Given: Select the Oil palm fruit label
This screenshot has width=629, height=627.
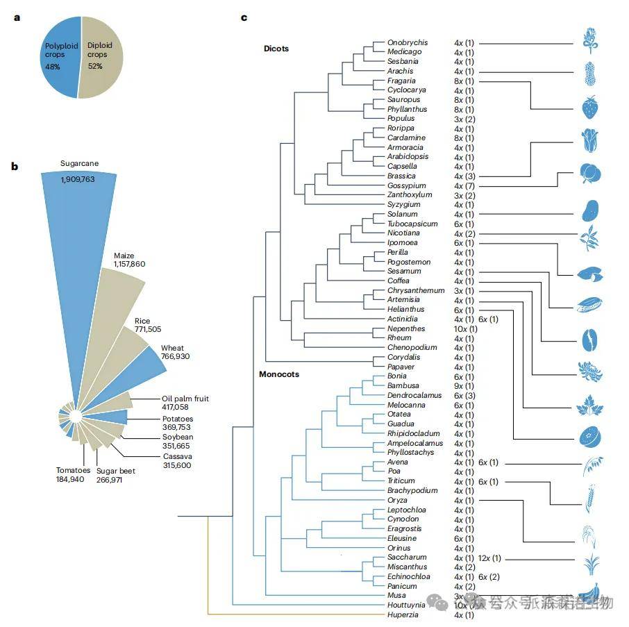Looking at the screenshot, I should pyautogui.click(x=185, y=399).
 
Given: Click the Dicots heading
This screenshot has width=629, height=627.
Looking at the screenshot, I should pyautogui.click(x=276, y=49).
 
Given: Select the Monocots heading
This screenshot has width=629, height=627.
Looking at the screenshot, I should pyautogui.click(x=278, y=374).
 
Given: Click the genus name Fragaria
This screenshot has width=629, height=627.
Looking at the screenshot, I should pyautogui.click(x=401, y=81).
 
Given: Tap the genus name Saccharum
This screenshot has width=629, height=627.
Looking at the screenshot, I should pyautogui.click(x=407, y=558).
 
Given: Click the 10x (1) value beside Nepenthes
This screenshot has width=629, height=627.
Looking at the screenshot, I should pyautogui.click(x=466, y=328).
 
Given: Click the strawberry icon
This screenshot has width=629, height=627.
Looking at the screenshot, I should pyautogui.click(x=589, y=108).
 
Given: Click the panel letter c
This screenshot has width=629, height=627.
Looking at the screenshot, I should pyautogui.click(x=244, y=17).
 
